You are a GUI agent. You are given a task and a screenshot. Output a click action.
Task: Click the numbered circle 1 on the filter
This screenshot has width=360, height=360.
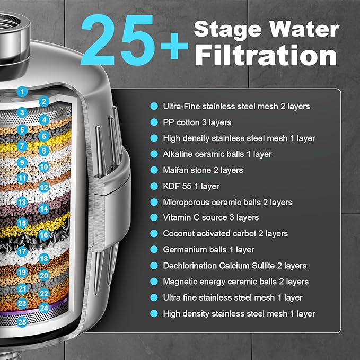[x=22, y=91]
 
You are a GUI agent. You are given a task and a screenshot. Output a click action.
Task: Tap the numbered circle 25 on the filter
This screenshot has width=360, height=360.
[x=22, y=321]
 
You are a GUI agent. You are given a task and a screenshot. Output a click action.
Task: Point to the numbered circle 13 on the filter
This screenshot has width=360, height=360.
[x=22, y=202]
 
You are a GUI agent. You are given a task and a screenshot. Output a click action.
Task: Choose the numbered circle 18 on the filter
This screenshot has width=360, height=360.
[x=44, y=259]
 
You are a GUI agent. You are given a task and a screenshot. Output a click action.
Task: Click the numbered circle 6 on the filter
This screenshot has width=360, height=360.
[x=44, y=136]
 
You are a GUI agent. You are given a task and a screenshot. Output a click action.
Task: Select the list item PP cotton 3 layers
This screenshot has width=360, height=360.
[x=197, y=122]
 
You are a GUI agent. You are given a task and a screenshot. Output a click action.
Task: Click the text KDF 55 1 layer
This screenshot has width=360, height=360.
[x=191, y=186]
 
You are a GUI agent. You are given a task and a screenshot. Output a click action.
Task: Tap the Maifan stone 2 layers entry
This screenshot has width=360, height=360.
[x=203, y=170]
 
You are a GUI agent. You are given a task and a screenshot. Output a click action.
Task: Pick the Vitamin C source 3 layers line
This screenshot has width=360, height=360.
[x=211, y=218]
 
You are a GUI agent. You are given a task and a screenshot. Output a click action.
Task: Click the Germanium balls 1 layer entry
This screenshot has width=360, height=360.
[x=209, y=250]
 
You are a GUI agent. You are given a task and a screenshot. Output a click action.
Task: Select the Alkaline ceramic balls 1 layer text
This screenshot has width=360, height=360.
[x=217, y=154]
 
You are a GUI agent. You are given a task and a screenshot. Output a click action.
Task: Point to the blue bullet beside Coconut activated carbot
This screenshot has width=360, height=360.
[x=154, y=234]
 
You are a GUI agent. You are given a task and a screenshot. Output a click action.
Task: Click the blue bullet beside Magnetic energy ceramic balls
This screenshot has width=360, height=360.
[x=154, y=282]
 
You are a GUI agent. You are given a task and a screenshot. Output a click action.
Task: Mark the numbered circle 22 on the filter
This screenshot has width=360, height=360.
[x=44, y=293]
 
